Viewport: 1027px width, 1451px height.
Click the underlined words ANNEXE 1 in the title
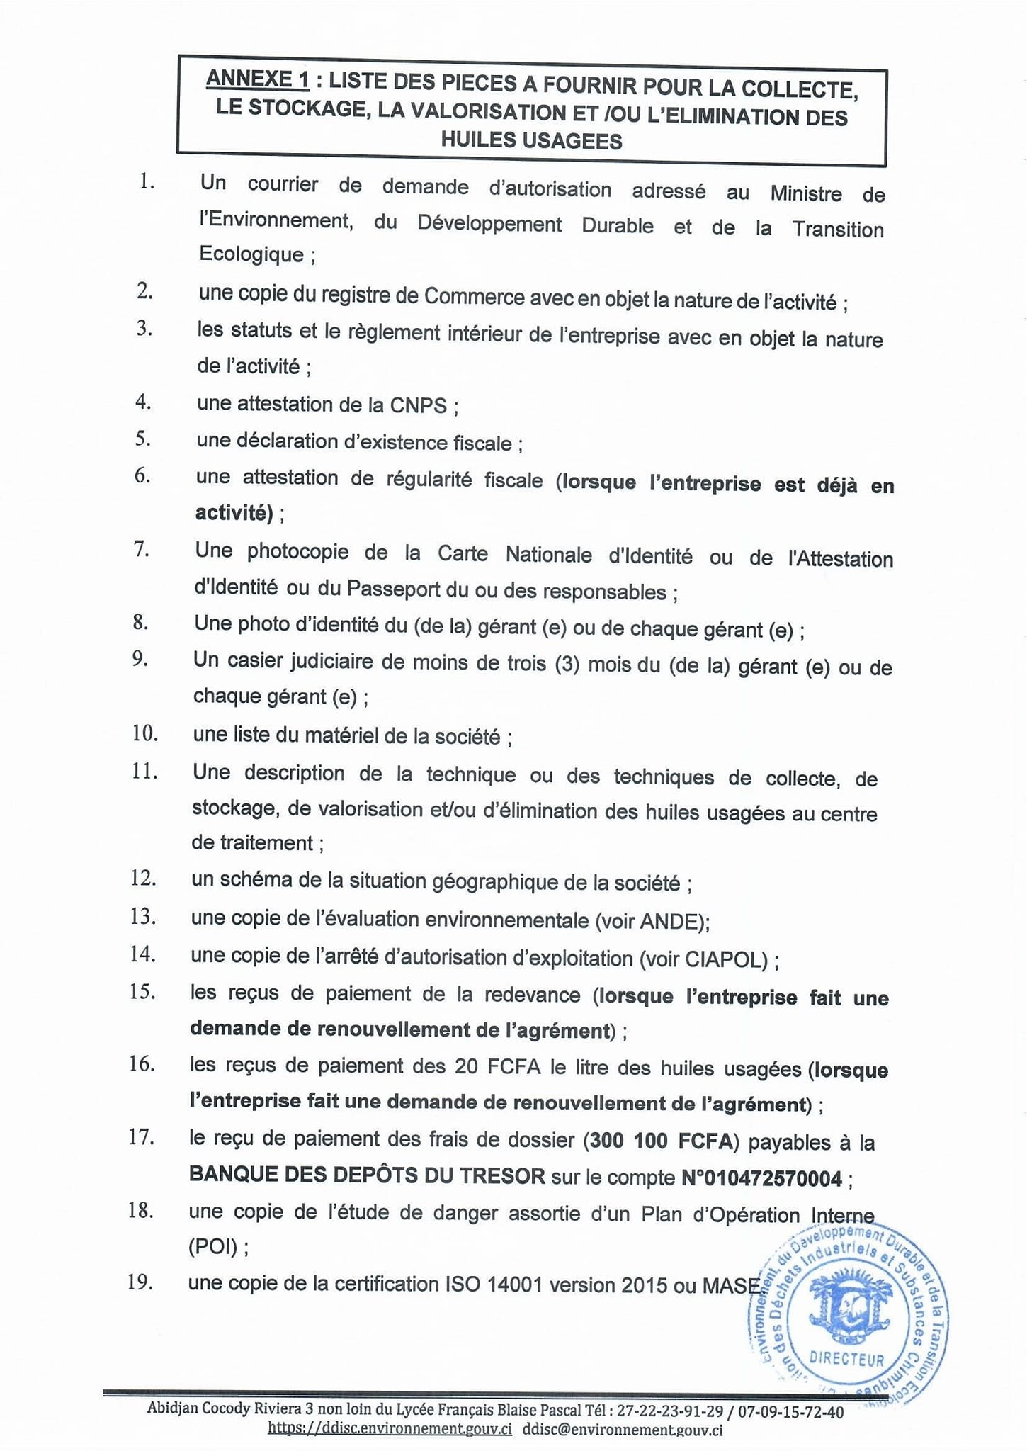pos(257,79)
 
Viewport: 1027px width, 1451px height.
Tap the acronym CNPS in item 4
pos(418,405)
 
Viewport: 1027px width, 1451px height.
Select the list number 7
pos(142,549)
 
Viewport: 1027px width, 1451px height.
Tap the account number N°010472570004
pos(762,1178)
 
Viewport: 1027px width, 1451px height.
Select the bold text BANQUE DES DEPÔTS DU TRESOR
pos(367,1175)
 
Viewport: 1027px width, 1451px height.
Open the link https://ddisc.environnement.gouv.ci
pos(390,1429)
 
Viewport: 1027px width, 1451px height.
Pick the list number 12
pos(143,878)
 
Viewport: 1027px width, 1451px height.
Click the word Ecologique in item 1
pos(251,254)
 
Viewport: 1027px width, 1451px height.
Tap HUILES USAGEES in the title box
pos(531,140)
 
